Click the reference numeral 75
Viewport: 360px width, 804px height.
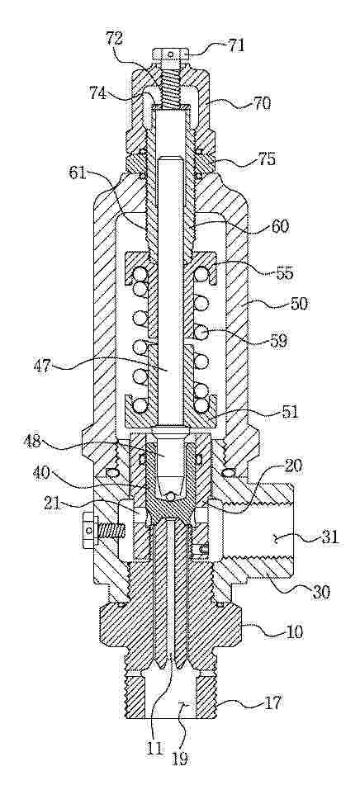(x=266, y=159)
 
